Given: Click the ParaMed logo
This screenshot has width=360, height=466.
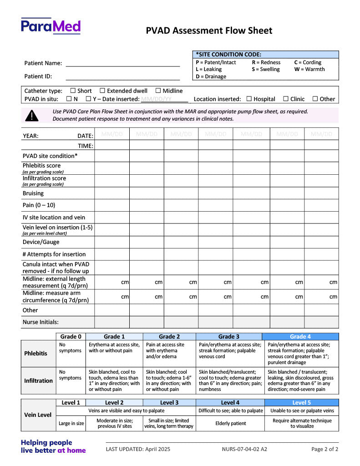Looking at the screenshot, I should (x=51, y=26).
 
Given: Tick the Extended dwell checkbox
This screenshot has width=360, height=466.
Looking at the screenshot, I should (x=102, y=91).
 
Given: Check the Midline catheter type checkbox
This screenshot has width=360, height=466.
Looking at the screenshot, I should (x=158, y=91).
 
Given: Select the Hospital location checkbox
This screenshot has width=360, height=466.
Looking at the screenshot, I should (x=249, y=99).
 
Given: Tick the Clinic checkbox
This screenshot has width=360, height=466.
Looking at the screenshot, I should (x=286, y=99).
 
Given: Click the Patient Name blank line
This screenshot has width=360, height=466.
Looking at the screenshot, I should (x=123, y=64).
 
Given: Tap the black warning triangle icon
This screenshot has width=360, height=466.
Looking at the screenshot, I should (x=32, y=116).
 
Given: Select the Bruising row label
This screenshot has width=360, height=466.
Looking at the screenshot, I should (x=33, y=193).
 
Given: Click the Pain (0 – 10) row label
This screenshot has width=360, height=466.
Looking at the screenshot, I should (x=39, y=205).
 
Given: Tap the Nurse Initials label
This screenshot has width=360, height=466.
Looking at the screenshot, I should (x=41, y=322).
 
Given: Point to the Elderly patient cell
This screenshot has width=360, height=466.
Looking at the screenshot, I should (x=230, y=423).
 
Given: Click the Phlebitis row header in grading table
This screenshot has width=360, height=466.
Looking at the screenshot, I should (x=35, y=353).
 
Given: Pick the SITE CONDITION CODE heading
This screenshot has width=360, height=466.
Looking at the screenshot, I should (x=228, y=54).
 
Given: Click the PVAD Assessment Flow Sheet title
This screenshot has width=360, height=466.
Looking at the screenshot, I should (x=209, y=30).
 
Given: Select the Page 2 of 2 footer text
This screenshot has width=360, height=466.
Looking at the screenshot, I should (x=325, y=449).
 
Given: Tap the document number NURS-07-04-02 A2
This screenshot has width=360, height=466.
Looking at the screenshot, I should (x=244, y=449).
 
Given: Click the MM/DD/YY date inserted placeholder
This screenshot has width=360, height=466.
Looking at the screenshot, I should (x=156, y=99).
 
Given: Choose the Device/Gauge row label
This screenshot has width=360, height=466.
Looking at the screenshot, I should (x=41, y=242).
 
